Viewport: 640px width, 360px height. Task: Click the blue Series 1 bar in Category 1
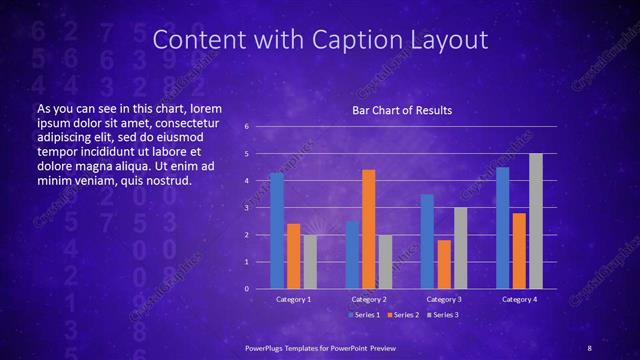[277, 231]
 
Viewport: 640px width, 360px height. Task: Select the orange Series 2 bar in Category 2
[368, 229]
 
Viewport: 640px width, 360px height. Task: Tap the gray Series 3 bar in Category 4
[536, 221]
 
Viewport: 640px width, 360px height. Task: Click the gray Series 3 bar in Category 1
[310, 262]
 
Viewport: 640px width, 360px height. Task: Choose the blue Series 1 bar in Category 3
[427, 241]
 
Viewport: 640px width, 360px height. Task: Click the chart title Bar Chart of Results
[401, 110]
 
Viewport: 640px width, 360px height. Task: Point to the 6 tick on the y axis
[259, 127]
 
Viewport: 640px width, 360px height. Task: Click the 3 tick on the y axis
[259, 208]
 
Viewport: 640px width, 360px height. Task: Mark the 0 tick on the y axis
[259, 289]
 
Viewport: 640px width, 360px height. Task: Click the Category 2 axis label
[369, 299]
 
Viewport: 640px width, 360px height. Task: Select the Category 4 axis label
[519, 299]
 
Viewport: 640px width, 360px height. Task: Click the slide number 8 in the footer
[589, 346]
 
